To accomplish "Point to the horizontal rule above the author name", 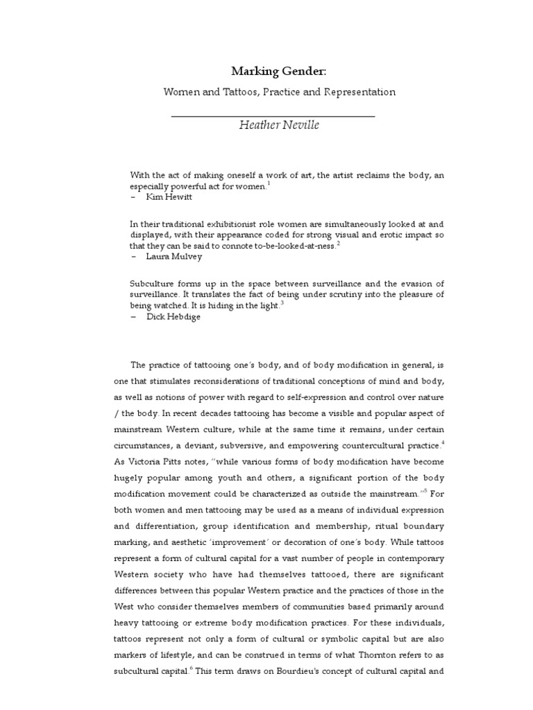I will tap(272, 116).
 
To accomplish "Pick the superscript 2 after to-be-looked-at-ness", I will tap(338, 243).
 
